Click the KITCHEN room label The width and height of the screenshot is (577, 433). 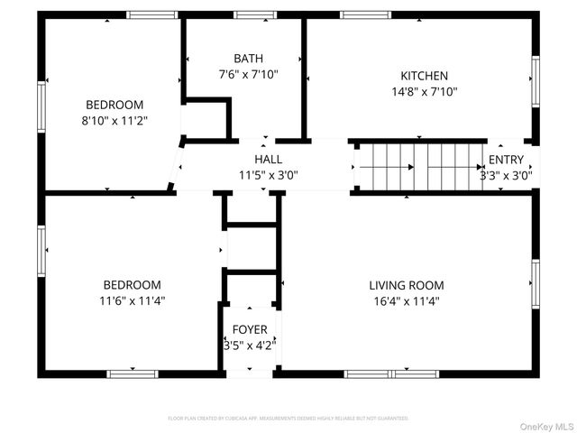pyautogui.click(x=424, y=76)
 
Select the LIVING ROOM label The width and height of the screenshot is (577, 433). pyautogui.click(x=406, y=285)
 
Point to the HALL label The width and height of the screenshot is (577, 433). pyautogui.click(x=268, y=159)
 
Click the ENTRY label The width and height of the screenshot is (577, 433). pyautogui.click(x=506, y=160)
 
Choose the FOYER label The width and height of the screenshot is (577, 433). pyautogui.click(x=250, y=329)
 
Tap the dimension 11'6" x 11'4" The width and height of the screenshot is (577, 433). pyautogui.click(x=132, y=300)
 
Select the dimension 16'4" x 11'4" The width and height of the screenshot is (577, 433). pyautogui.click(x=406, y=301)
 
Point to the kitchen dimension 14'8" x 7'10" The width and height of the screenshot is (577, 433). pyautogui.click(x=424, y=91)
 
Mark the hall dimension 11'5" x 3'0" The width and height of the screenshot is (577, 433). pyautogui.click(x=268, y=175)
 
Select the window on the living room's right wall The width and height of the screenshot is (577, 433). pyautogui.click(x=535, y=284)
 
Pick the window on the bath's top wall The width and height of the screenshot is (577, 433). pyautogui.click(x=255, y=14)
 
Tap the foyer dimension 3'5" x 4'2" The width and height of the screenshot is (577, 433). pyautogui.click(x=250, y=345)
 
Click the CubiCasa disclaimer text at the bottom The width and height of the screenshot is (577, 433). pyautogui.click(x=288, y=419)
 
